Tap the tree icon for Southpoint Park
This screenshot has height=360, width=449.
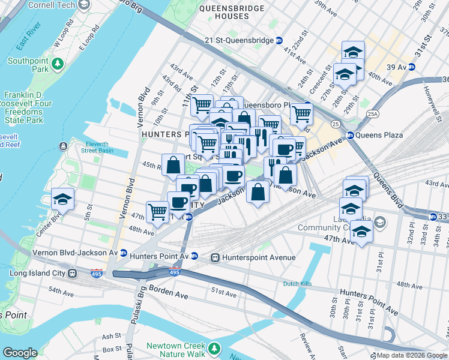coord(58,62)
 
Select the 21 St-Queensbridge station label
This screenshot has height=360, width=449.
coord(238,40)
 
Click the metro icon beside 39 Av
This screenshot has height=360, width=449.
coord(412,67)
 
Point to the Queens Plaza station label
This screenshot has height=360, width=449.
coord(379,135)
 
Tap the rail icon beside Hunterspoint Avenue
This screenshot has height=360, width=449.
coord(214,257)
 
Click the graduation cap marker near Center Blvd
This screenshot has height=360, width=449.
coord(62,199)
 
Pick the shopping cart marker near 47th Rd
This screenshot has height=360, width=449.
coord(157,211)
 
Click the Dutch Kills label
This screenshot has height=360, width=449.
coord(300,284)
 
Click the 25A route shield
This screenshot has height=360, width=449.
coord(373,113)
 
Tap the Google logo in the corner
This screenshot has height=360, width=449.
coord(20,353)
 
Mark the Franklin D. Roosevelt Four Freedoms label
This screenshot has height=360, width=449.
coord(24,108)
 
